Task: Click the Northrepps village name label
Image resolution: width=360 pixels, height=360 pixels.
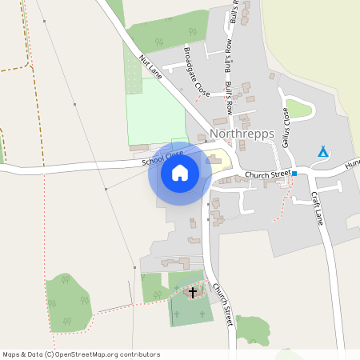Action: click(241, 134)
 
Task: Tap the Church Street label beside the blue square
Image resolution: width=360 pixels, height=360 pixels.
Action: click(267, 174)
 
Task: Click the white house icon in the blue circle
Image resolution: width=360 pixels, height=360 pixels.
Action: click(180, 172)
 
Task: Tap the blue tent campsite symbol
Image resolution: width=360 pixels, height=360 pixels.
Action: click(323, 151)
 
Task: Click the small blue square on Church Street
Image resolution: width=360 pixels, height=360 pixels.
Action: click(294, 174)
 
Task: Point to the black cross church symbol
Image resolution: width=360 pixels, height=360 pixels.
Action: click(192, 292)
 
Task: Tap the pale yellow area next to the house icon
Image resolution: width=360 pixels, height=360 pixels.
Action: click(217, 160)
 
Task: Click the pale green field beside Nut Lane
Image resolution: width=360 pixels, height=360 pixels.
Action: click(155, 112)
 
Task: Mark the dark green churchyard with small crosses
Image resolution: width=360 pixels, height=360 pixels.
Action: click(186, 308)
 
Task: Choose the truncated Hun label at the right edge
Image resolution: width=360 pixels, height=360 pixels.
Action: click(352, 164)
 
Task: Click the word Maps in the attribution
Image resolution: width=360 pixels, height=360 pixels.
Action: click(12, 354)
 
